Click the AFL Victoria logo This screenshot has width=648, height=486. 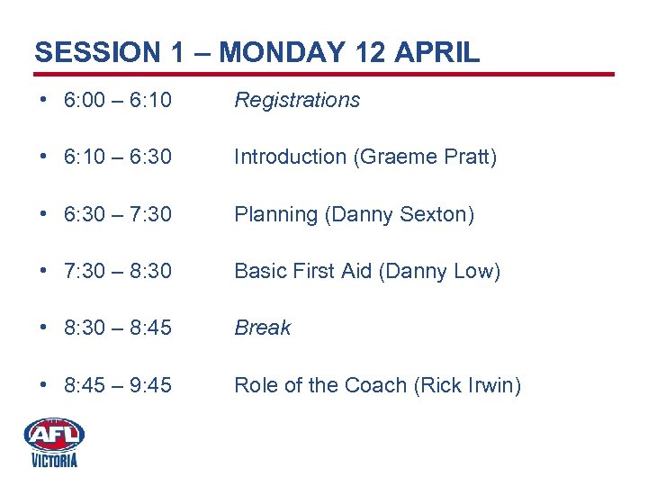coord(54,441)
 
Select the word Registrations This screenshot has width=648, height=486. coord(297,100)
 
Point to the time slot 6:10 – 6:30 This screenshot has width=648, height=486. coord(118,157)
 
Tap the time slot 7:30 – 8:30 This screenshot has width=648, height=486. coord(118,271)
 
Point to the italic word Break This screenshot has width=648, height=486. coord(262,328)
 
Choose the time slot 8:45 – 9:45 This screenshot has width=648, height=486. coord(118,385)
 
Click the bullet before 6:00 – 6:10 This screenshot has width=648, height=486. coord(42,100)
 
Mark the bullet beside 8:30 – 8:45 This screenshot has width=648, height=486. coord(42,328)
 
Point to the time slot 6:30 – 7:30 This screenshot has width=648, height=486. coord(118,214)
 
